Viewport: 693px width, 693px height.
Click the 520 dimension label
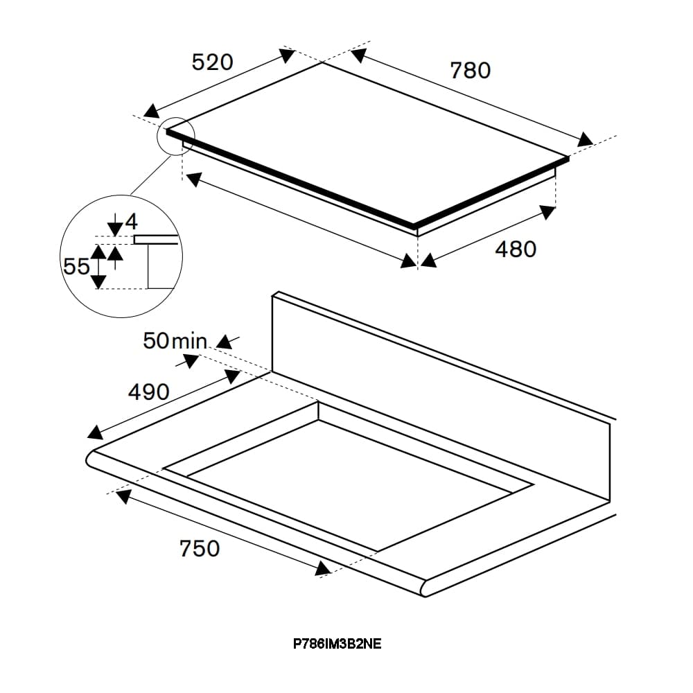pos(212,62)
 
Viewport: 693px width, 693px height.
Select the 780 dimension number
pos(471,71)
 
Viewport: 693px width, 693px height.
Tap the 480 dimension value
pos(516,249)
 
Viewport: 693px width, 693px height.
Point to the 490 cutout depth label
pos(148,392)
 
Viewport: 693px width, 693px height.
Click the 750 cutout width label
pos(200,548)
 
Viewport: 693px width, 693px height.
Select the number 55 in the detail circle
pos(76,267)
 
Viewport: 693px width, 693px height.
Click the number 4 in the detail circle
pos(132,222)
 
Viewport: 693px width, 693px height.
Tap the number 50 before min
pos(155,341)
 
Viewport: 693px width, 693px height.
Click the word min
pos(189,341)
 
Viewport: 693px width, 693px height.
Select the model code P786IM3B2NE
pos(337,644)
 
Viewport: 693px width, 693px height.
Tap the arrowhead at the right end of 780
pos(585,139)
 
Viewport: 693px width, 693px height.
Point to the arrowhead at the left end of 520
pos(151,110)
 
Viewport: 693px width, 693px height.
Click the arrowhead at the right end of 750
pos(323,569)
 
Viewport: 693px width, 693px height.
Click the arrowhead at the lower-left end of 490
pos(95,432)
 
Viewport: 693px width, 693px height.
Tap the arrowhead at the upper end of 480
pos(547,212)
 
